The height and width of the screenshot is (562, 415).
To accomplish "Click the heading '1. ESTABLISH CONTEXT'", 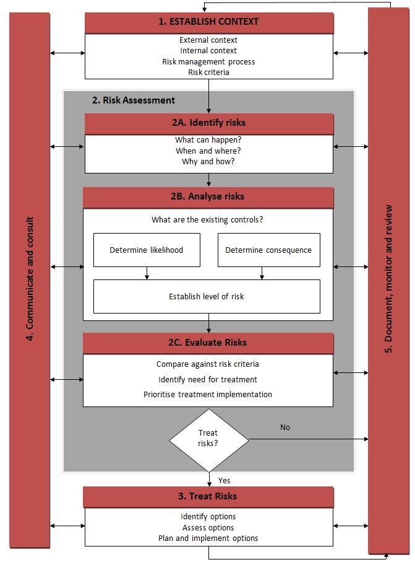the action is click(x=208, y=22).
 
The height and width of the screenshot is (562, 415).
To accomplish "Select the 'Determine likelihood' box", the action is click(x=147, y=250).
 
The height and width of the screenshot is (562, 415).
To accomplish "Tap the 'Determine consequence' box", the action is click(x=268, y=250).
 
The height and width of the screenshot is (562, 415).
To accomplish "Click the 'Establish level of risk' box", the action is click(x=207, y=296).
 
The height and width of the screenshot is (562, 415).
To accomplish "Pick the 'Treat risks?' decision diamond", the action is click(x=209, y=440).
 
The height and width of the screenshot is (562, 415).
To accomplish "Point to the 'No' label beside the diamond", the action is click(x=285, y=428).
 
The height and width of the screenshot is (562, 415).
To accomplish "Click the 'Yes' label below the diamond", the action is click(x=225, y=481).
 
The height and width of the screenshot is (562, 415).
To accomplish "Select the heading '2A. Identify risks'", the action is click(x=208, y=123).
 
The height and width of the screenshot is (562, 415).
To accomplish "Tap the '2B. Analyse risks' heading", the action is click(x=208, y=196).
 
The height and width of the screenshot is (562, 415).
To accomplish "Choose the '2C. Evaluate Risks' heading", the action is click(x=208, y=343).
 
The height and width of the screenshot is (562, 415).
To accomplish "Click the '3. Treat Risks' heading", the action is click(x=208, y=496).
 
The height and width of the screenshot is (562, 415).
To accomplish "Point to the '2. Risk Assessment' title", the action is click(x=134, y=100).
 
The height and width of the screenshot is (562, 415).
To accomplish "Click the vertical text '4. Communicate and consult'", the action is click(x=30, y=278).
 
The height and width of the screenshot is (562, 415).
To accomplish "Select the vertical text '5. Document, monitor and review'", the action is click(x=388, y=279).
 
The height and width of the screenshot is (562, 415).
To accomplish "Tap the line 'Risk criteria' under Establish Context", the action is click(x=208, y=72).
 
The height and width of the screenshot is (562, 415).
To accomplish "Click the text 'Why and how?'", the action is click(x=208, y=161).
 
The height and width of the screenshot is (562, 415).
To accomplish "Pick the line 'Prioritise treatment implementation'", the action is click(x=208, y=394).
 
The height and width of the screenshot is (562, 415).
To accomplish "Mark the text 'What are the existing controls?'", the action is click(x=207, y=220).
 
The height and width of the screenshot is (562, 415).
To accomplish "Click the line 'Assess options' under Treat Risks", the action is click(x=208, y=527).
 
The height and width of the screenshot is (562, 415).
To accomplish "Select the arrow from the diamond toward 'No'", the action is click(x=309, y=439).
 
